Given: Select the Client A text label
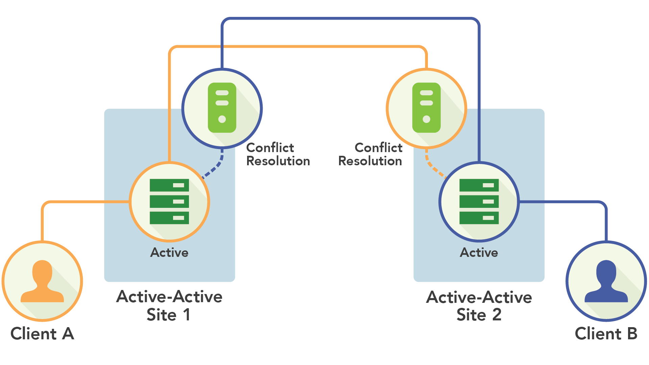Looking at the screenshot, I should click(42, 334).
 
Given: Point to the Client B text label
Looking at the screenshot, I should click(606, 334).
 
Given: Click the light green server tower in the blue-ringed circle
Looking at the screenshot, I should click(222, 107).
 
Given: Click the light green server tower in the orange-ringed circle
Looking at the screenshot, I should click(426, 107).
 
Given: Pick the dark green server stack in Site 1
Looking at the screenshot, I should click(169, 201).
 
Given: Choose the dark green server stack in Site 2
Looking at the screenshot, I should click(479, 201).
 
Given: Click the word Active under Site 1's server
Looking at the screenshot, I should click(169, 253).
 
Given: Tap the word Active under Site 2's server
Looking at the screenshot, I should click(479, 253).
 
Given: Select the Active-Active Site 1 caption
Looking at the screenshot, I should click(169, 306).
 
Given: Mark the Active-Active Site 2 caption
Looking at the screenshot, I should click(479, 306).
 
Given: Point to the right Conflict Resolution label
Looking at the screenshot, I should click(370, 154).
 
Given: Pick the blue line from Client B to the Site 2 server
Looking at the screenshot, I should click(568, 202).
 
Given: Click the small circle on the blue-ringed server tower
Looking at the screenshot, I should click(222, 119).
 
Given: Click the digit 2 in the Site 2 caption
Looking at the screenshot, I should click(497, 315).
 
